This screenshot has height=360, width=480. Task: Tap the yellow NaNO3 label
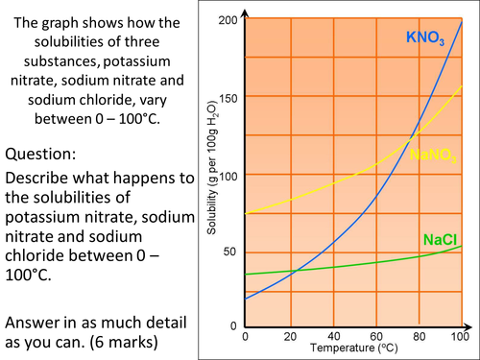[x=433, y=155]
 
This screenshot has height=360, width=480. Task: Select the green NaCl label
[x=438, y=238]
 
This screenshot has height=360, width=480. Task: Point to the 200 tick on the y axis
[x=228, y=20]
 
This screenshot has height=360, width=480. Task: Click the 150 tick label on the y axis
[x=228, y=97]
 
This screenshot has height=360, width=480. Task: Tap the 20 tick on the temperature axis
[x=289, y=338]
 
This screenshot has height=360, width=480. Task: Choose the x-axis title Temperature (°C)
[x=348, y=350]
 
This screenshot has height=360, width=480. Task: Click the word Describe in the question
[x=39, y=179]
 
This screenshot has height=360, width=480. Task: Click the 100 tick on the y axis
[x=228, y=175]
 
